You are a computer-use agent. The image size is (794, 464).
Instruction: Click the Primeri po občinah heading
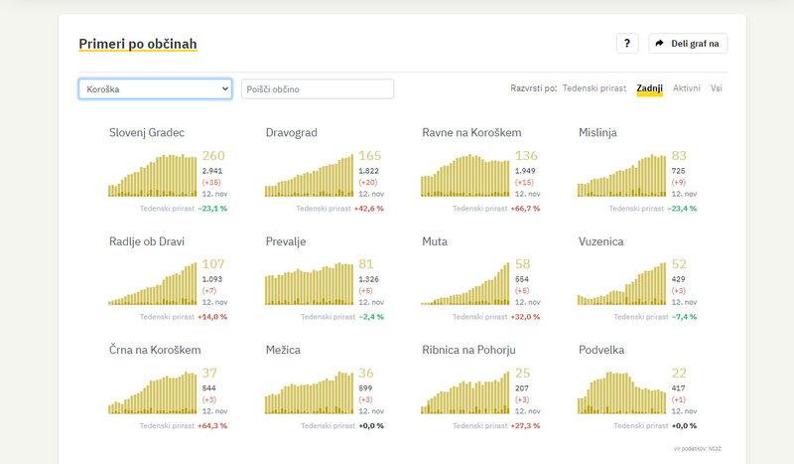point(138,44)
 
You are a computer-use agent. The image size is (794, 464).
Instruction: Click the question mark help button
point(626,44)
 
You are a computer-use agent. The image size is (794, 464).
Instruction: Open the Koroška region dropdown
point(155,89)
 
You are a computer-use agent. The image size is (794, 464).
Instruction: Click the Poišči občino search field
point(318,89)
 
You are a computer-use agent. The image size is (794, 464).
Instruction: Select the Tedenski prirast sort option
point(594,88)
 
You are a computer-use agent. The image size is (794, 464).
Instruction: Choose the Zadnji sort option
point(650,88)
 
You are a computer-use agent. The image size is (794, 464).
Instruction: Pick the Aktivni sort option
point(687,88)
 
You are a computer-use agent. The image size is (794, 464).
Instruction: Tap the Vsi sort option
point(717,88)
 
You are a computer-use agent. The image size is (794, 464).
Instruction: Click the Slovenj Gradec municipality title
point(147,132)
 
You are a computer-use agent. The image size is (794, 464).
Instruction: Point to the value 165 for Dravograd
point(369,156)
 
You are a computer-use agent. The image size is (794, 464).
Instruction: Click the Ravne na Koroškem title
point(471,132)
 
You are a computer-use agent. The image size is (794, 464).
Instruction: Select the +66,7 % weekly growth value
point(525,209)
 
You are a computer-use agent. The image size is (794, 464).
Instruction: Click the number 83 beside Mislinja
point(679,156)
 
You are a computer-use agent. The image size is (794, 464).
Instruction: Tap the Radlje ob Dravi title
point(147,241)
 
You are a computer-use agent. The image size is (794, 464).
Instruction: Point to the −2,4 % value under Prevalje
point(370,317)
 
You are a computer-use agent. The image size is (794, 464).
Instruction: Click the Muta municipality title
point(434,241)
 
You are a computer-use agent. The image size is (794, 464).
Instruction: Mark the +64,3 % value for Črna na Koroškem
point(212,425)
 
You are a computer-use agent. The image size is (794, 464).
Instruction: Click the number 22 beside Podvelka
point(679,373)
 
